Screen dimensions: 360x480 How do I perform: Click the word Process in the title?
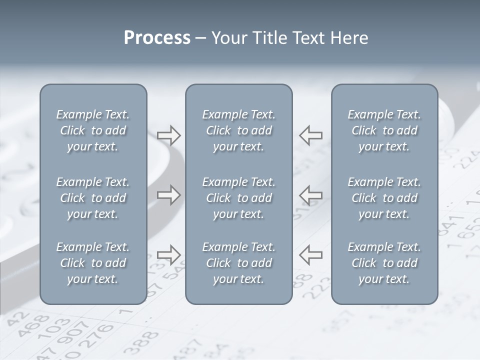(x=157, y=38)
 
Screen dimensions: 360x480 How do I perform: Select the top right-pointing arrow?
(x=169, y=135)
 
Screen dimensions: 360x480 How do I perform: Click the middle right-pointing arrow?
(x=169, y=195)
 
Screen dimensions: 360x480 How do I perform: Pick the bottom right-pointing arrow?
(x=169, y=254)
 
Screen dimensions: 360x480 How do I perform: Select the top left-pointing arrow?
(x=310, y=135)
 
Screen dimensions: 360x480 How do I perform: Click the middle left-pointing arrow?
(x=310, y=195)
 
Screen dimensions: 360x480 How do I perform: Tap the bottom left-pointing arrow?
(x=310, y=254)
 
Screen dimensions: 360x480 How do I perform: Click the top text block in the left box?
(x=93, y=130)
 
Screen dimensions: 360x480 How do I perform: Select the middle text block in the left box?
(x=93, y=198)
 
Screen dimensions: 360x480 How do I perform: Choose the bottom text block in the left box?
(x=93, y=263)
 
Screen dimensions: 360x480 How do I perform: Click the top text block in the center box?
(x=238, y=130)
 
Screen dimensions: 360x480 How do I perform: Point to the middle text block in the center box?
(x=238, y=198)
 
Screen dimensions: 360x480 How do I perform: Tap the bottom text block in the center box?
(x=238, y=263)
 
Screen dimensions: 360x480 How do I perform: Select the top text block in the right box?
(x=384, y=130)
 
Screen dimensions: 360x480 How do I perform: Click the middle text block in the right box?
(x=384, y=198)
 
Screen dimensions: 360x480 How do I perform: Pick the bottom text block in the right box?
(x=384, y=263)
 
